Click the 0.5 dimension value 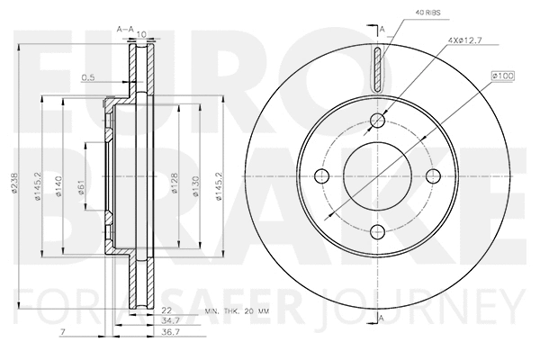(x=87, y=76)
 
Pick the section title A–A (x=125, y=31)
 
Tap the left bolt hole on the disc (x=324, y=175)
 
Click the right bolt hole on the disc (x=433, y=175)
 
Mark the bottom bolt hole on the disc (x=378, y=229)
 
